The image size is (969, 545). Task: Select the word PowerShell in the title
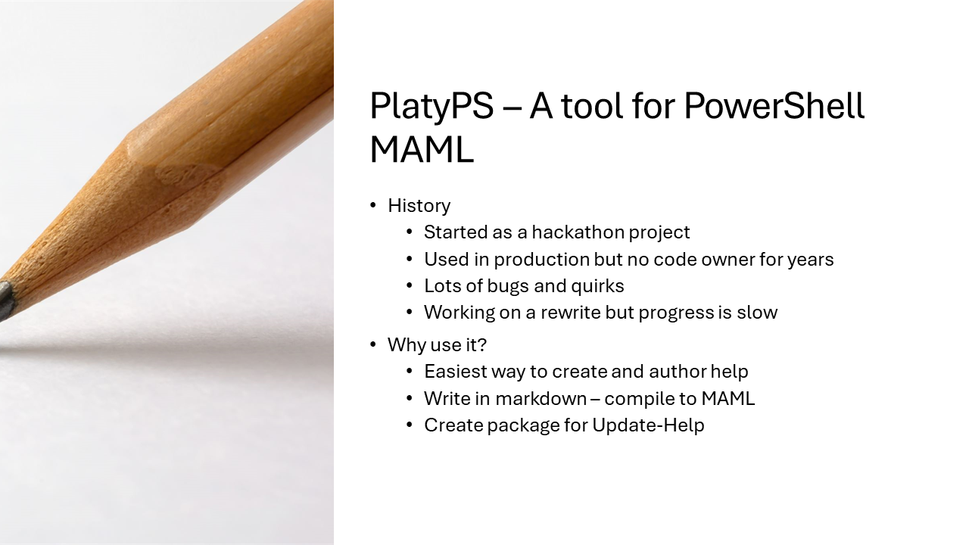pos(774,107)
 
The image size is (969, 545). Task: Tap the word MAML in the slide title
pos(421,149)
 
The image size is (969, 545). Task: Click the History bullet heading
pos(419,206)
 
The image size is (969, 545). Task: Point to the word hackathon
pos(580,232)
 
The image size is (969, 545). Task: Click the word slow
pos(758,313)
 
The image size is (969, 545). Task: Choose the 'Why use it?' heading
pos(437,345)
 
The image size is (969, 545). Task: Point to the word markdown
pos(541,399)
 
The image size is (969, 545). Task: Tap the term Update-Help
pos(648,425)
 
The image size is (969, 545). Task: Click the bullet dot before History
pos(372,206)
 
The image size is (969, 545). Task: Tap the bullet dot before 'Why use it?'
pos(372,345)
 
